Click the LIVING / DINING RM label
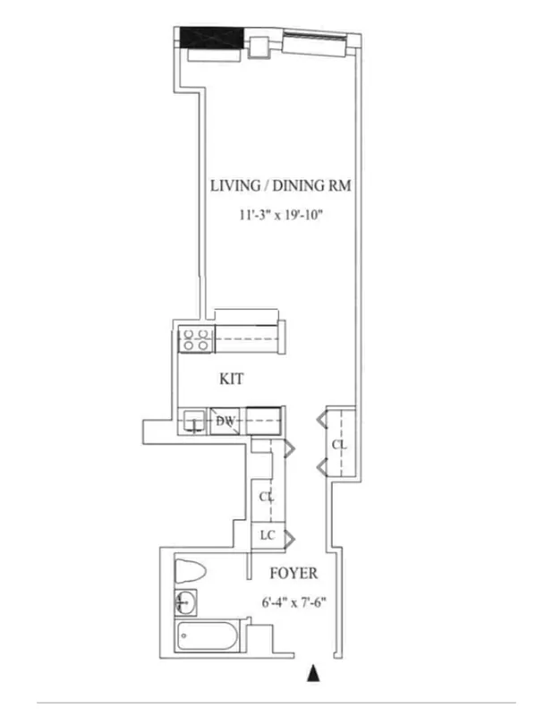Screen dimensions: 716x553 point(279,186)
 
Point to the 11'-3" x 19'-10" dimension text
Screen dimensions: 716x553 point(279,215)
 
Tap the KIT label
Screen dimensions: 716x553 point(232,379)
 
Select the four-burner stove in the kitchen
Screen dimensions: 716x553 point(196,338)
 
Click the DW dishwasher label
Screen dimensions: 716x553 point(225,421)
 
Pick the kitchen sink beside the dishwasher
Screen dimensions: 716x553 point(192,422)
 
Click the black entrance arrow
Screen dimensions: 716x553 point(312,673)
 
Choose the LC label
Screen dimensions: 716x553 point(267,535)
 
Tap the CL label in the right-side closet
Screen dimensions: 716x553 point(339,444)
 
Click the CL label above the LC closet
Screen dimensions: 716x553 point(266,496)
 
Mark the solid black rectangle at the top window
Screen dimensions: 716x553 point(212,38)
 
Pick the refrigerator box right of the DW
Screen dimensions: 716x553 point(265,420)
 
